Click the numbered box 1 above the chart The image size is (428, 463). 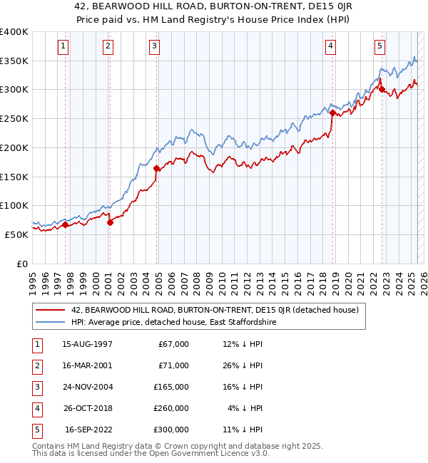pos(63,47)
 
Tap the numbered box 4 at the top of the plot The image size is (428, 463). pos(331,47)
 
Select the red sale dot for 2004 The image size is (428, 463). pos(156,169)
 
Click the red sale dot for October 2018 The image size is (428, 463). pos(332,113)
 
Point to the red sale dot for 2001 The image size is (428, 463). pos(110,222)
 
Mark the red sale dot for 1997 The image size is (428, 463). pos(65,225)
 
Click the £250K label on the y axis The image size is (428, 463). pos(14,118)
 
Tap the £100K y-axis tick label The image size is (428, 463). pos(14,205)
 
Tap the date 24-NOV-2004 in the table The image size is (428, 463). pos(87,387)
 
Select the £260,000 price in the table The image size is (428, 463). pos(171,408)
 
